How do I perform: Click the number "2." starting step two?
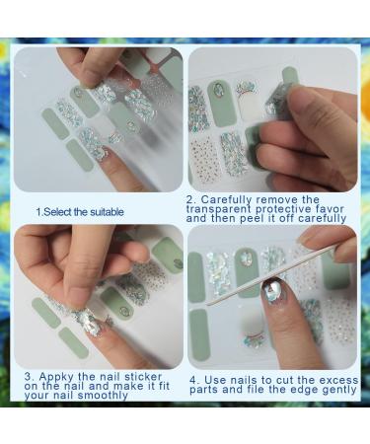191,198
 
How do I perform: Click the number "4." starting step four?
193,379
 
